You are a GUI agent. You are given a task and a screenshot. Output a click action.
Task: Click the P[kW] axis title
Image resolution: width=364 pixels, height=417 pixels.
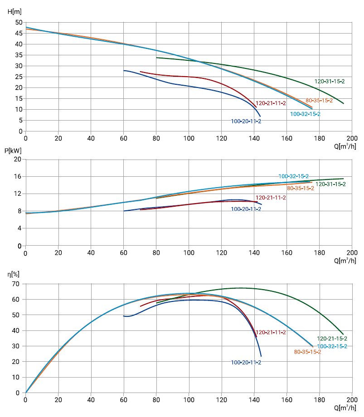point(13,150)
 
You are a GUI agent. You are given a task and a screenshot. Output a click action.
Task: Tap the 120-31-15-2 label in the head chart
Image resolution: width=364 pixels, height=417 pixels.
point(330,82)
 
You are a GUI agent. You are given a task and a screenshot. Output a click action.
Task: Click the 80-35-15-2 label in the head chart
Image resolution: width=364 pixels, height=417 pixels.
point(319,100)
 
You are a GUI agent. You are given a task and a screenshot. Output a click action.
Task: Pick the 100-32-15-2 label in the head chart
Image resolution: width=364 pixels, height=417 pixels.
point(305,114)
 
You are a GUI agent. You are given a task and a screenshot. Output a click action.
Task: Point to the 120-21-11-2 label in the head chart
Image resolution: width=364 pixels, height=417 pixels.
point(271,103)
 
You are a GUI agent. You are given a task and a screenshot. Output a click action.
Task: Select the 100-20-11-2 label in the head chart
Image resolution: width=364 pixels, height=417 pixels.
point(246,121)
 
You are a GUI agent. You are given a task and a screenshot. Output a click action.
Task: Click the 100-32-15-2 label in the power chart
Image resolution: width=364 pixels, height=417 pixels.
point(294,176)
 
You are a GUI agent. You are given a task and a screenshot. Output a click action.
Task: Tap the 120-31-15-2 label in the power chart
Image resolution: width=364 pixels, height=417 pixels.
point(330,184)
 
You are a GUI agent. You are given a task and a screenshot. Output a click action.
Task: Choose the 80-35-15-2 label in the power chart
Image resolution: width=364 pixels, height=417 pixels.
point(301,188)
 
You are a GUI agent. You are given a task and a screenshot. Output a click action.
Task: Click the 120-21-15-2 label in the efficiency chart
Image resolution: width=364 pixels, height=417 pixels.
point(332,339)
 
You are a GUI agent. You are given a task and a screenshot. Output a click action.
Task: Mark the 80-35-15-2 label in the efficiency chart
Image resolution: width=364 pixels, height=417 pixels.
point(307,352)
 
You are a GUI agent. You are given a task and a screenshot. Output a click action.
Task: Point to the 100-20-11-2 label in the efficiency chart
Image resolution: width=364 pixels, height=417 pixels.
point(246,363)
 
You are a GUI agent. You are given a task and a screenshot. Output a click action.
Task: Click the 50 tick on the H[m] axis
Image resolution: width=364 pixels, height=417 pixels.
point(19,22)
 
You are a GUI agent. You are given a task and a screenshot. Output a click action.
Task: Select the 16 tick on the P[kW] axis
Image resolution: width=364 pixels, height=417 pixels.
point(19,176)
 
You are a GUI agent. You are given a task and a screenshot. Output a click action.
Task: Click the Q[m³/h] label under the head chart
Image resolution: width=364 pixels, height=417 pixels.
point(345,146)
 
